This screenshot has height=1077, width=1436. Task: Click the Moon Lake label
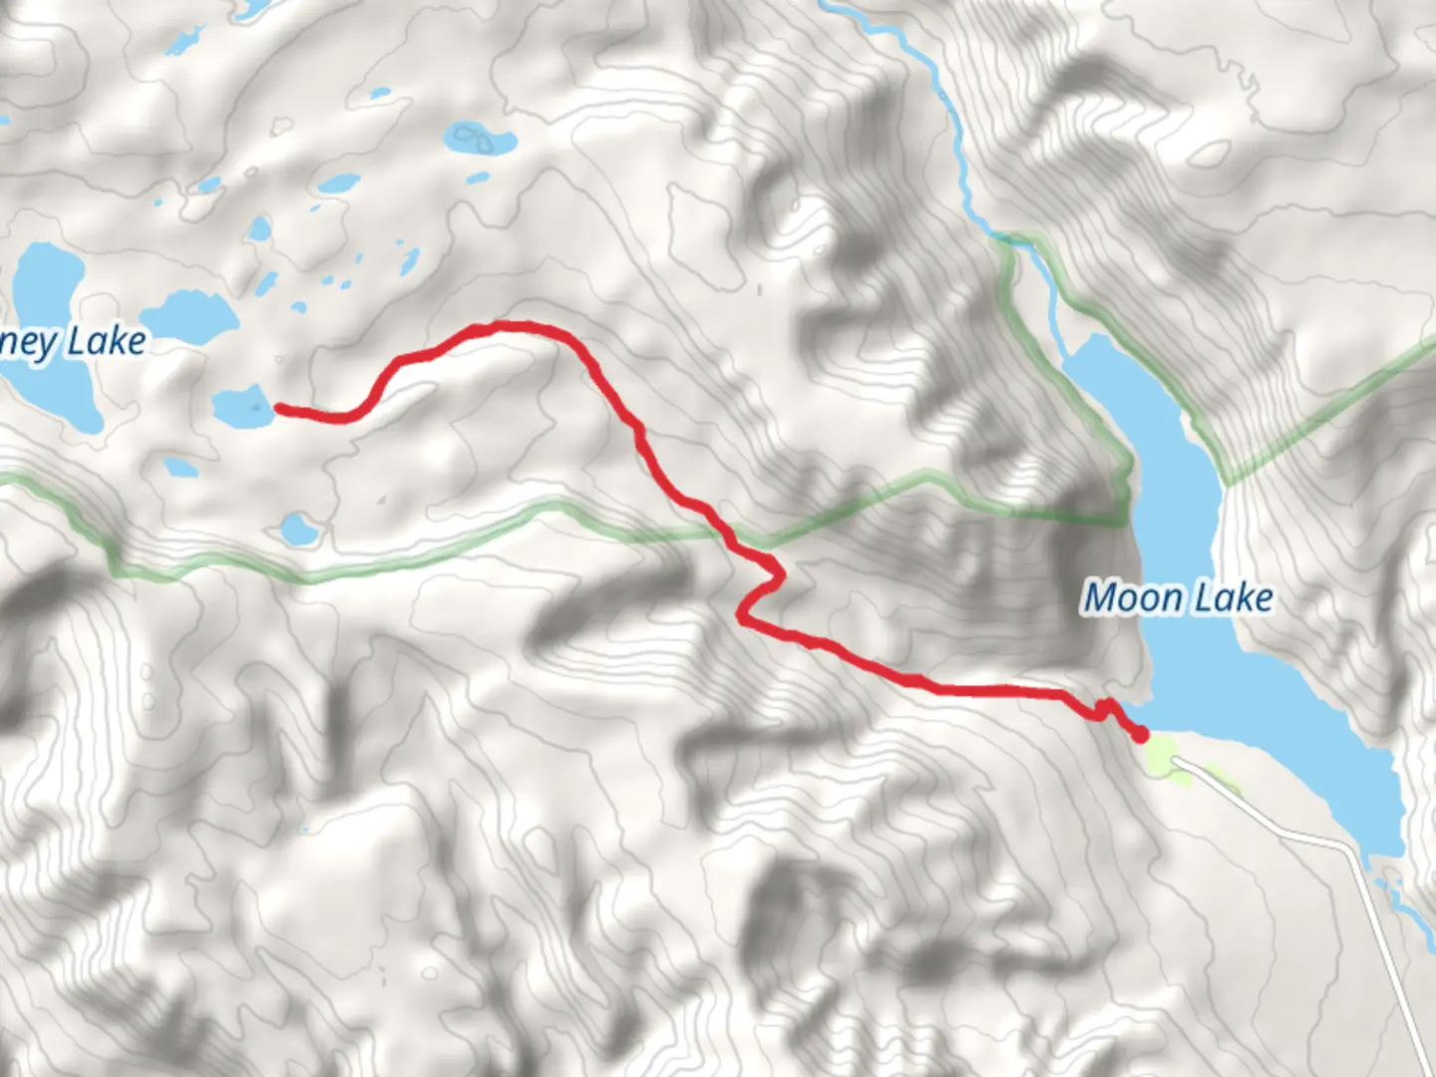tap(1178, 598)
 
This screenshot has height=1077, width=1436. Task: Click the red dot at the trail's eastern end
tap(1140, 735)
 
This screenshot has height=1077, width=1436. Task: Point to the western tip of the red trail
tap(278, 407)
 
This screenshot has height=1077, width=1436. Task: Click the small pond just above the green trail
tap(297, 528)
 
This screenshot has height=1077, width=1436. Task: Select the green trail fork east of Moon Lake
tap(1227, 484)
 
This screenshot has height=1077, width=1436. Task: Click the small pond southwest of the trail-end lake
tap(179, 466)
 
